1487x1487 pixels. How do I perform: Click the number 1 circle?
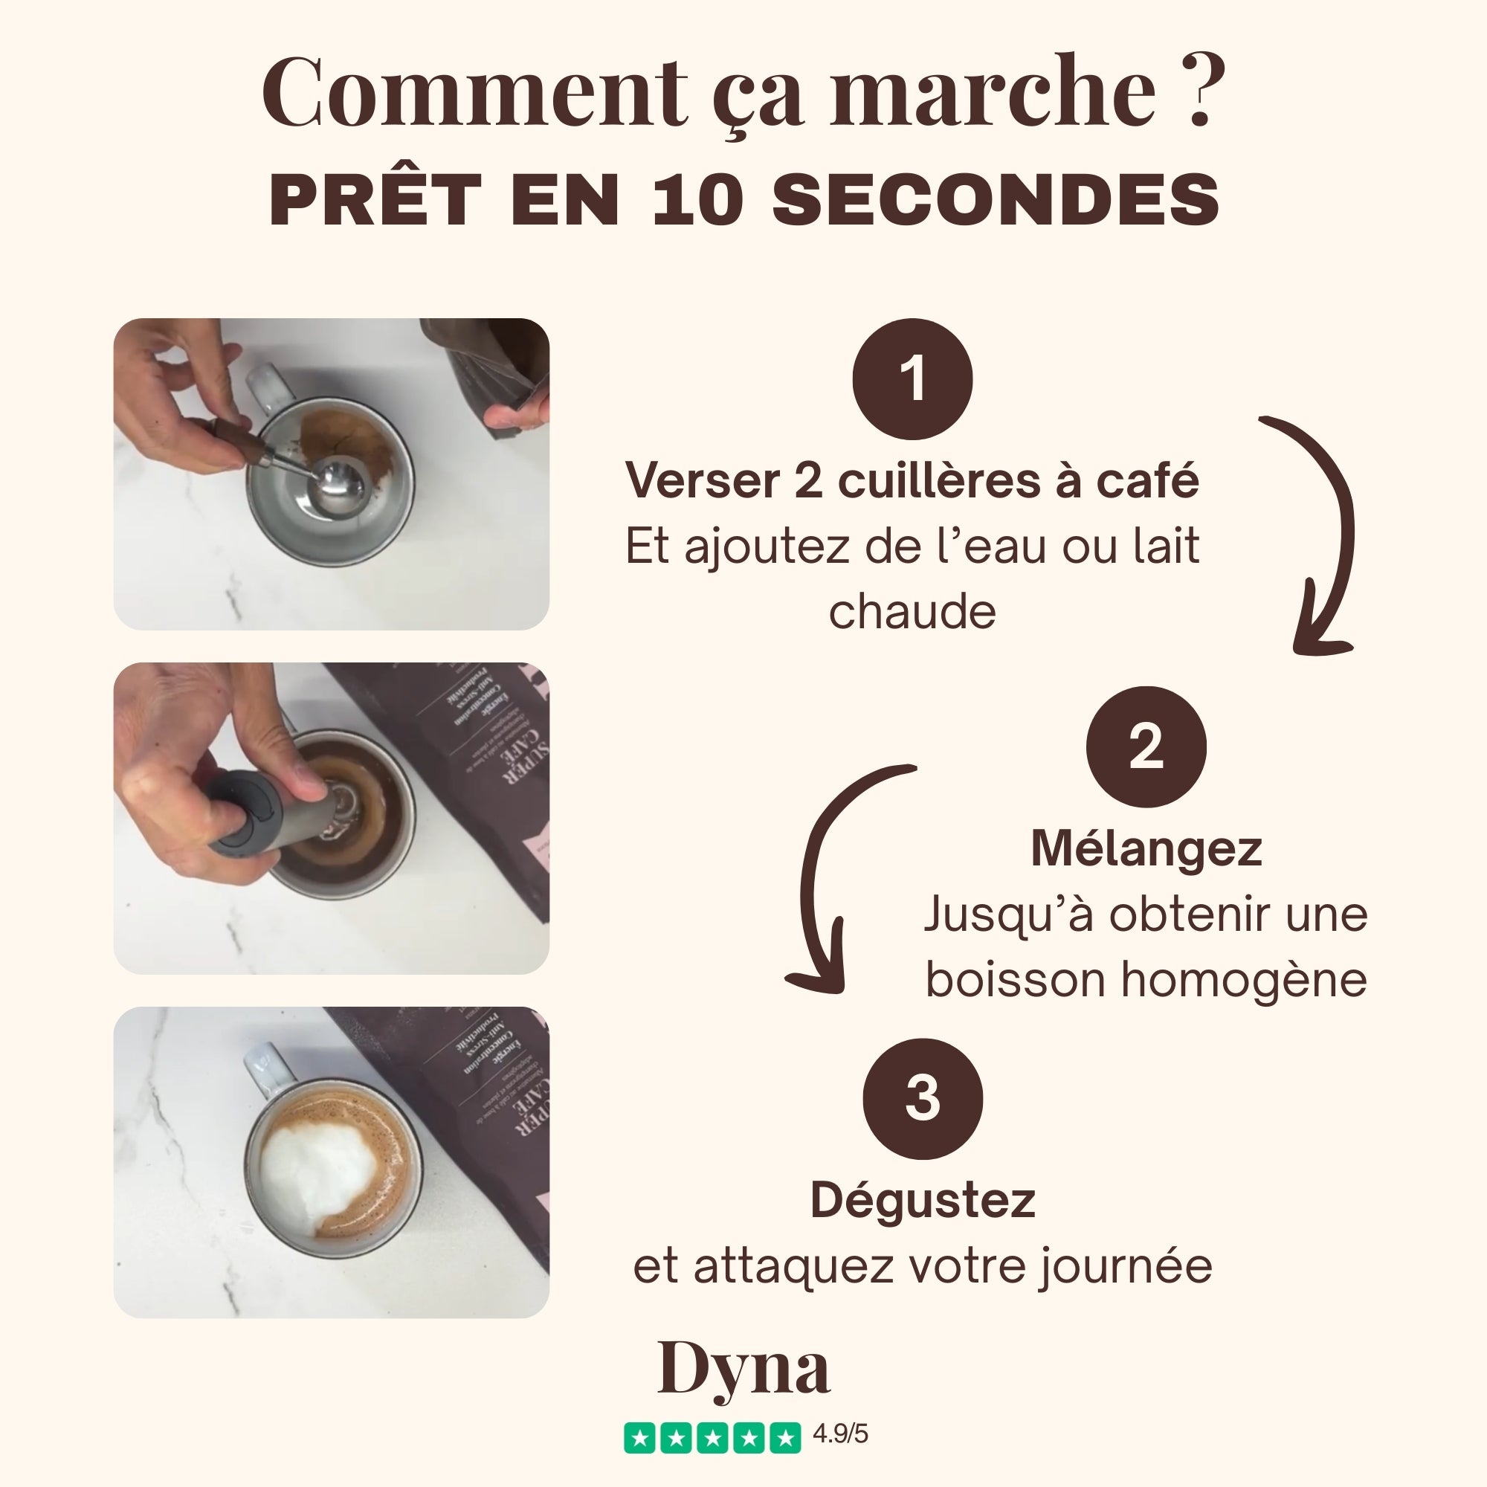[x=913, y=378]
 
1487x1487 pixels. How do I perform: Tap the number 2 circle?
[x=1146, y=746]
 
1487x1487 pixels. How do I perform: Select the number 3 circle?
[x=923, y=1098]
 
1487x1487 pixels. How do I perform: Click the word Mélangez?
[x=1146, y=848]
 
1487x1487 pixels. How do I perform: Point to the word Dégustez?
[x=923, y=1201]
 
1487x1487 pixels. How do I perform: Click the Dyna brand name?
[x=743, y=1369]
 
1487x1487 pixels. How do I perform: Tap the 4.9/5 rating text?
[x=840, y=1434]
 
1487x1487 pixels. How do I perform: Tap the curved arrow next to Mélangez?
[x=824, y=870]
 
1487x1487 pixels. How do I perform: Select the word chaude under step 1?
[x=912, y=613]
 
